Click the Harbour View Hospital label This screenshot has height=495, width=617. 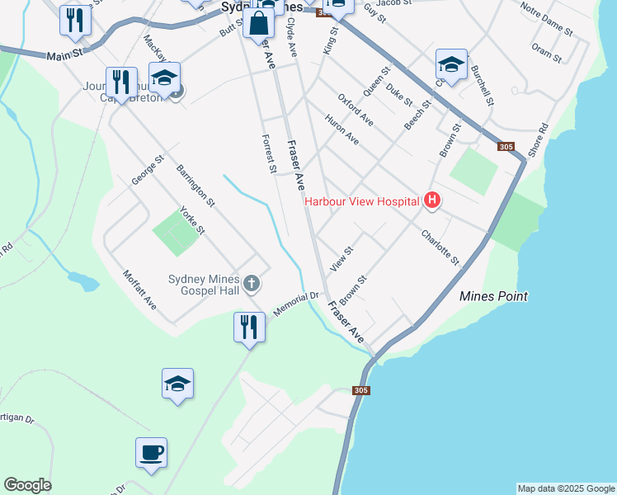[362, 200]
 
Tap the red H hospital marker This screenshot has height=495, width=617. [431, 200]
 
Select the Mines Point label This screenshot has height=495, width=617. [493, 296]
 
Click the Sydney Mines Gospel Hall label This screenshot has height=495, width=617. [204, 285]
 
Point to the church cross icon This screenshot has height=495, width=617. [252, 285]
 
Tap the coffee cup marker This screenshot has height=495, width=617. [152, 453]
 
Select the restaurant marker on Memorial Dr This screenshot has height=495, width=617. [248, 328]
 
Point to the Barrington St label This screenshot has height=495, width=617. [195, 185]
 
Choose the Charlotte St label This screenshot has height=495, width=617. [440, 247]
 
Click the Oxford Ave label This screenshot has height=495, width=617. [356, 111]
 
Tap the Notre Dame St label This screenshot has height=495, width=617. [547, 18]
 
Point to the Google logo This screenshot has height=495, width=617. [27, 485]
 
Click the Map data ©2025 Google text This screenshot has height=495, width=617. [566, 488]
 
